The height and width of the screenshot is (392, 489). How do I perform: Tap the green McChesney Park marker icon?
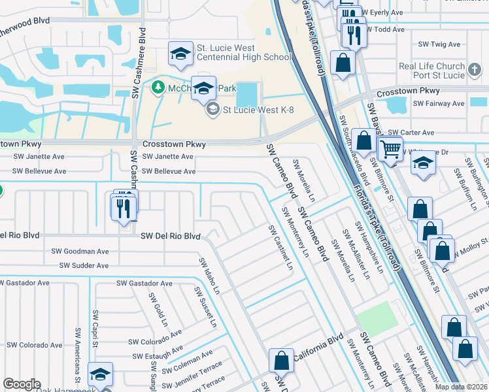point(158,87)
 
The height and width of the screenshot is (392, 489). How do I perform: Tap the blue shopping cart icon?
point(391,148)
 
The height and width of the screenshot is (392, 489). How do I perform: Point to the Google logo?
point(22,384)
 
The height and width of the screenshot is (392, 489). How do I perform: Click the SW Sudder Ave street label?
point(84,265)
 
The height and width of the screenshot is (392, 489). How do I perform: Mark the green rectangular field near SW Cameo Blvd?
point(377,316)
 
